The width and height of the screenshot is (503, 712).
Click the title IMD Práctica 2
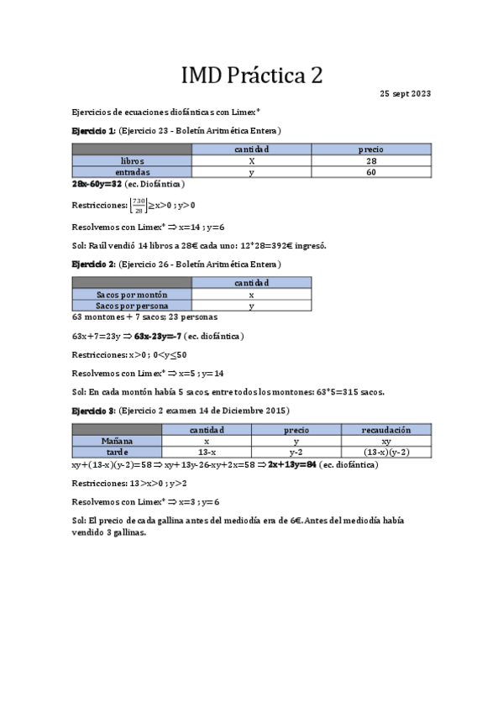[252, 76]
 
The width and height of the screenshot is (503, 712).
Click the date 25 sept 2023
[406, 93]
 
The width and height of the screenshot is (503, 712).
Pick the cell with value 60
[371, 171]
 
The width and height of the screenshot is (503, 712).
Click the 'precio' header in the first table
[371, 149]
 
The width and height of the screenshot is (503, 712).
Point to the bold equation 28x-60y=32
[97, 183]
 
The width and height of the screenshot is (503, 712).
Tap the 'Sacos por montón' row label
[132, 295]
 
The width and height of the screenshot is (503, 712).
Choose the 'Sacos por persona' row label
[132, 306]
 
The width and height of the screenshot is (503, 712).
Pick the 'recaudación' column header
[386, 429]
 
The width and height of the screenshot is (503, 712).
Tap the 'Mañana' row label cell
[117, 440]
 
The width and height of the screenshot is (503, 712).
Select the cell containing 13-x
[207, 451]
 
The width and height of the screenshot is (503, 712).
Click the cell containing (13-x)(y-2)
[386, 451]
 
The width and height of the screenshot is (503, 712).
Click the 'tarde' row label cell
[117, 451]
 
